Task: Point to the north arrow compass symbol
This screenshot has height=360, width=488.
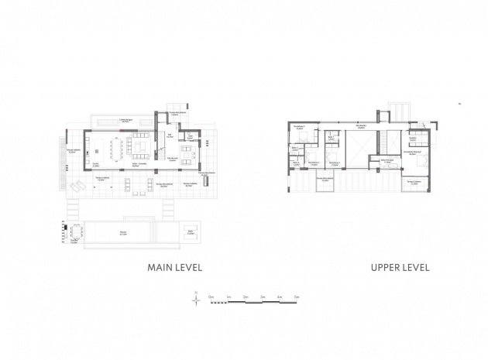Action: point(198,295)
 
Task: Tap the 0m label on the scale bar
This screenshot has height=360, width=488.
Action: point(210,297)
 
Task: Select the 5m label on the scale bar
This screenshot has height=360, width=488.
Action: point(297,297)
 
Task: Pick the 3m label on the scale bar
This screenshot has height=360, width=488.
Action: point(263,297)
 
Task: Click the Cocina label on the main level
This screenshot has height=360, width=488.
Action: point(96,164)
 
